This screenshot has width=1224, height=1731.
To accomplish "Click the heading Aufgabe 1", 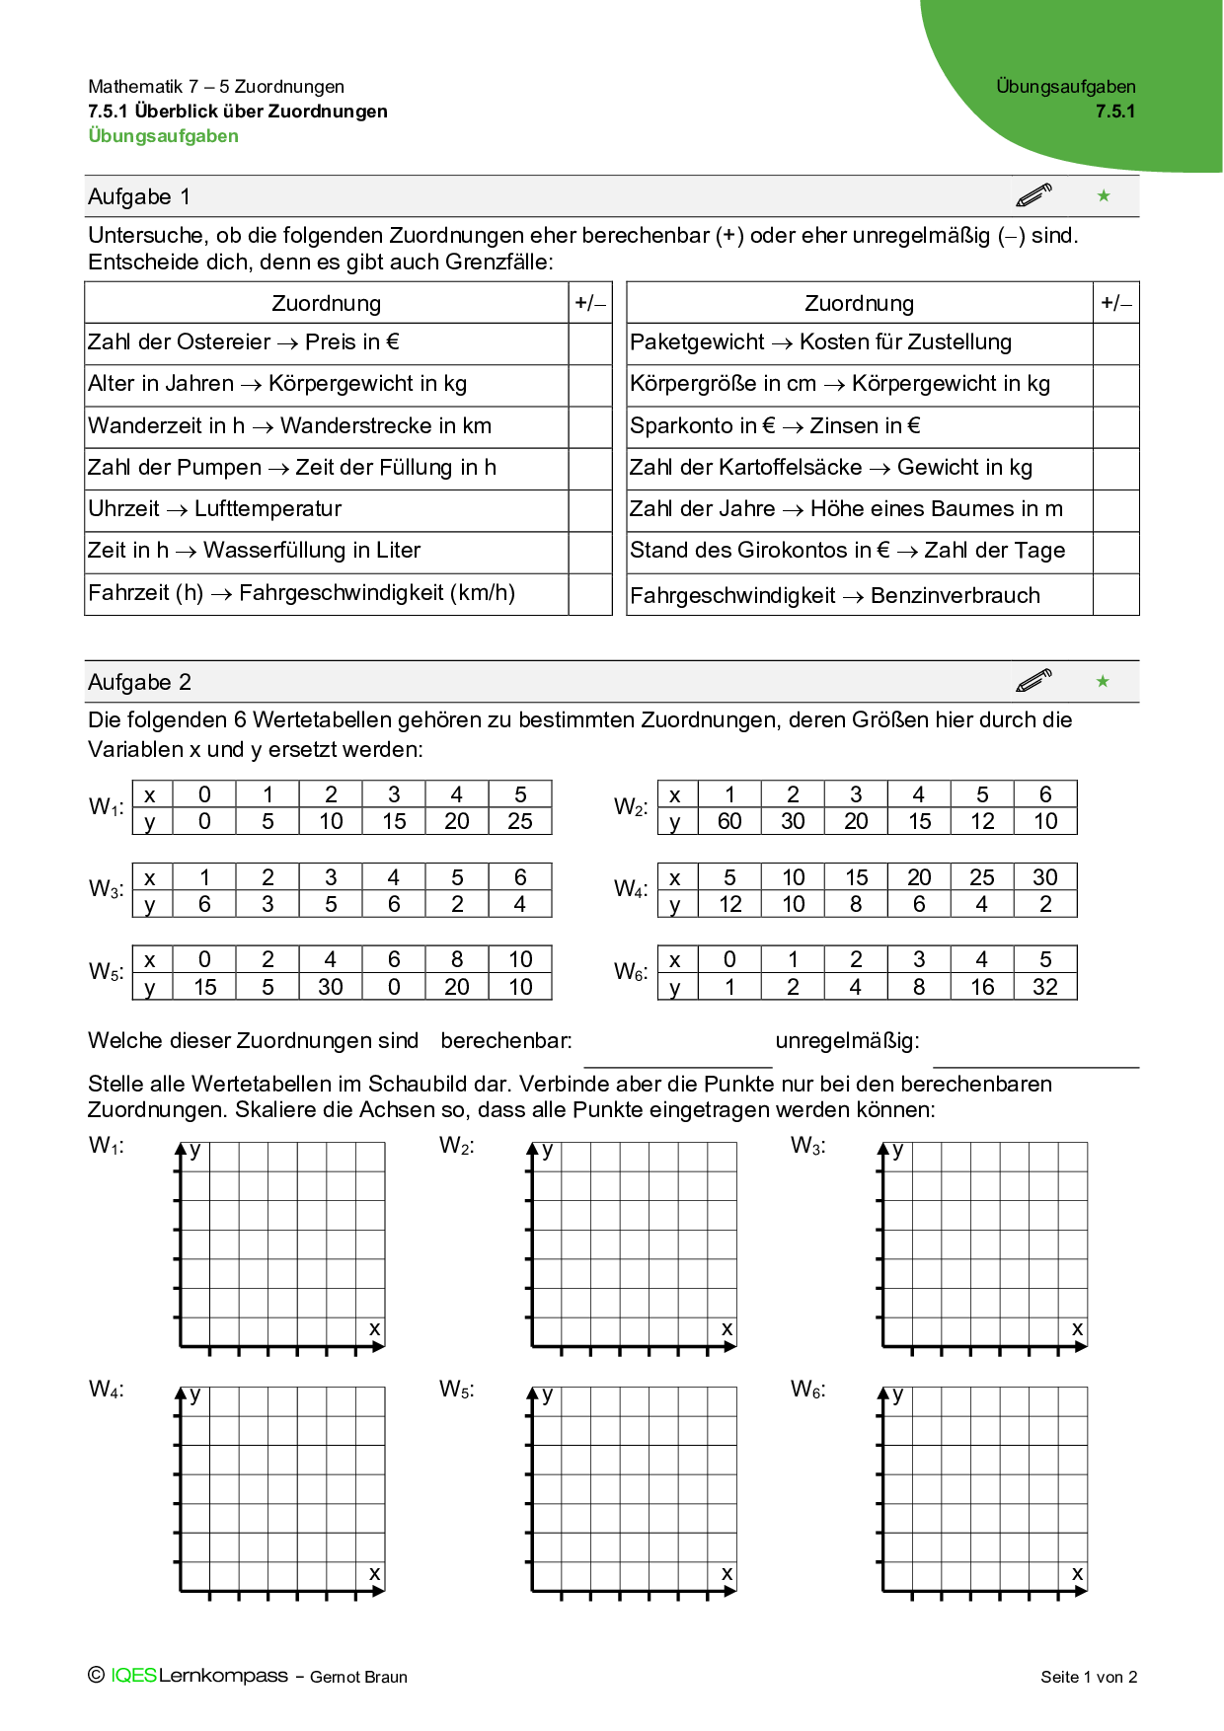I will tap(139, 196).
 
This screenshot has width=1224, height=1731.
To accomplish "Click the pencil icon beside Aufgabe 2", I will tap(1033, 681).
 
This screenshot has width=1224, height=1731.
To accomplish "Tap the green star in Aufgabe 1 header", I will tap(1104, 196).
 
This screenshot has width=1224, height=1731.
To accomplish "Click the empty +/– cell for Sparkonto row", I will tap(1115, 426).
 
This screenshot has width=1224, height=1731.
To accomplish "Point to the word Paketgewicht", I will tap(697, 342).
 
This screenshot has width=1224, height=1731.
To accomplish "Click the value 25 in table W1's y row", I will tap(520, 821).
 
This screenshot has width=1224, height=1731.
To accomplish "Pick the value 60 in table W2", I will tap(729, 821).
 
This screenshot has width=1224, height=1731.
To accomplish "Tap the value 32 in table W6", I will tap(1045, 987).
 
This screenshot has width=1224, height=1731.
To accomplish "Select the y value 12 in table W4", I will tap(729, 904).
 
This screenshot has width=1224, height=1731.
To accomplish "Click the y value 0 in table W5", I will tap(394, 987).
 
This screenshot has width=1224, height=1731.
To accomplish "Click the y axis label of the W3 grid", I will tap(898, 1151).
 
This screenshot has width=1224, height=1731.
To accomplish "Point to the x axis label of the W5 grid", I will tap(727, 1574).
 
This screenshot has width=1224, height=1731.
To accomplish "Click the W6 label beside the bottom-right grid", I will tap(807, 1390).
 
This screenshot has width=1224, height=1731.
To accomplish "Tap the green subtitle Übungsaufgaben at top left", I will tap(164, 136).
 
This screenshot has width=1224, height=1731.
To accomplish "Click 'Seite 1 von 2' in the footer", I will tap(1089, 1677).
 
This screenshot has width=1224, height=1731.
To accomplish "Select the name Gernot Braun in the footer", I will tap(358, 1677).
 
